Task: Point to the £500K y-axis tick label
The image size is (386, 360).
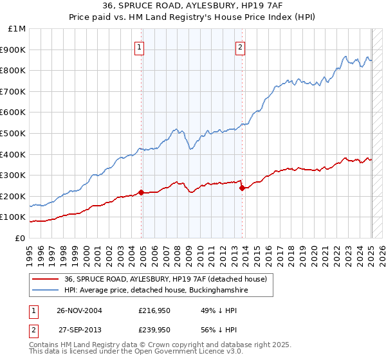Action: click(15, 134)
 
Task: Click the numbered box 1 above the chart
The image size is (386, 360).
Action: click(140, 46)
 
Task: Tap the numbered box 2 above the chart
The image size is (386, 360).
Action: click(240, 46)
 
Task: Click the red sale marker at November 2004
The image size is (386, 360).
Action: click(141, 192)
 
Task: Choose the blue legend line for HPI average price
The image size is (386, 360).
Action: click(44, 291)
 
